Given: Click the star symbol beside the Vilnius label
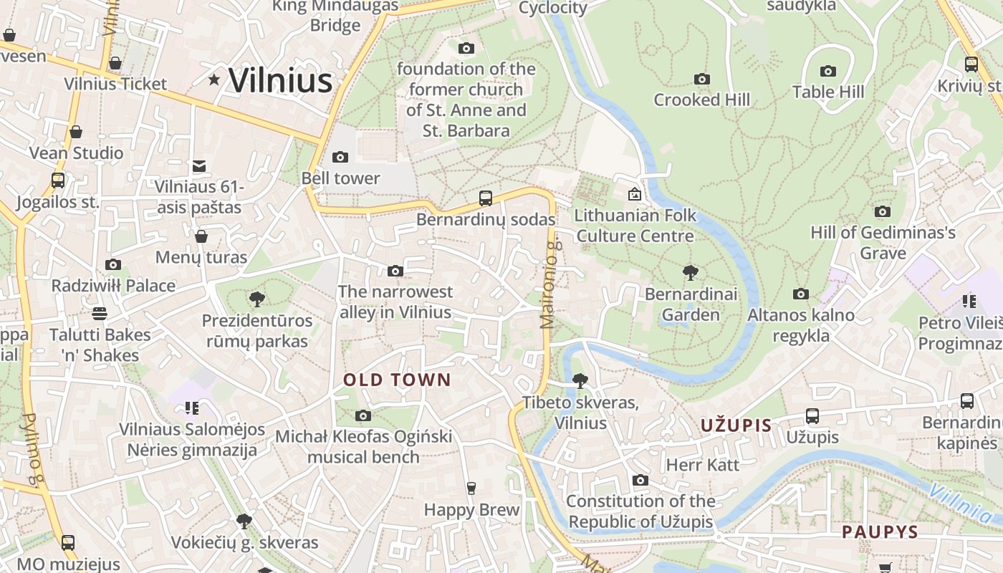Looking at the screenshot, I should pos(213,80).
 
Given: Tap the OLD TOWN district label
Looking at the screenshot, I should pos(397,380).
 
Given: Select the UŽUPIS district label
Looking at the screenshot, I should pos(736,425).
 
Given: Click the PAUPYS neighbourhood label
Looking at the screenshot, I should pos(880,532).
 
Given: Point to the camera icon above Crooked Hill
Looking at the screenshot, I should pos(702,79).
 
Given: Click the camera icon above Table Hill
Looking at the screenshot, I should pos(828,71).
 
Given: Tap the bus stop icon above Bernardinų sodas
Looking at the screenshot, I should pos(486,198).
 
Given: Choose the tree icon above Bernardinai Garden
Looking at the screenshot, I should pos(691,272).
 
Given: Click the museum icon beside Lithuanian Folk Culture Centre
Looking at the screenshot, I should pos(634,194).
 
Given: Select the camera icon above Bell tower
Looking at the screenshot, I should pos(340,157).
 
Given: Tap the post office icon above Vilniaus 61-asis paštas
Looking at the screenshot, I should pos(199,166).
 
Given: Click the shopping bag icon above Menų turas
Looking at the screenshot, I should pos(201,236).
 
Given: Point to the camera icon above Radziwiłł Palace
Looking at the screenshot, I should pos(113,264).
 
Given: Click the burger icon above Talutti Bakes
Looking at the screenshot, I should pos(100,313).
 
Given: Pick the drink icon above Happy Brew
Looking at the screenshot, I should pos(471,488).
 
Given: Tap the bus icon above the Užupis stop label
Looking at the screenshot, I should pos(812,415).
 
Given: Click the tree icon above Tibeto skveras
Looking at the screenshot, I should pos(580,381).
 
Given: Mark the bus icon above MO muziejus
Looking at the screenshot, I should pos(68,543).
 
